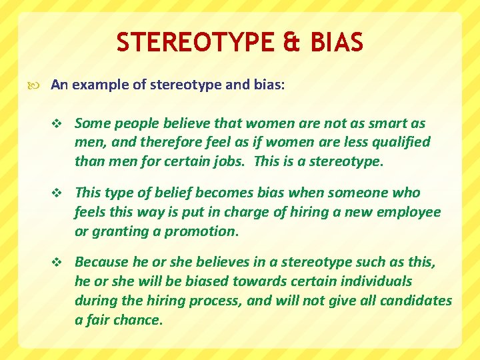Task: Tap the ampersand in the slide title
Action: [x=288, y=43]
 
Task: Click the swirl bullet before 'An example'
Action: [x=37, y=85]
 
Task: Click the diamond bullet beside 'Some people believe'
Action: [x=57, y=123]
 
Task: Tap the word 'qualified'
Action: [x=398, y=142]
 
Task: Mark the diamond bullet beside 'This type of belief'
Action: [x=57, y=193]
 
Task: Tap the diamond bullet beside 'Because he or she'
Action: [x=57, y=263]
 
